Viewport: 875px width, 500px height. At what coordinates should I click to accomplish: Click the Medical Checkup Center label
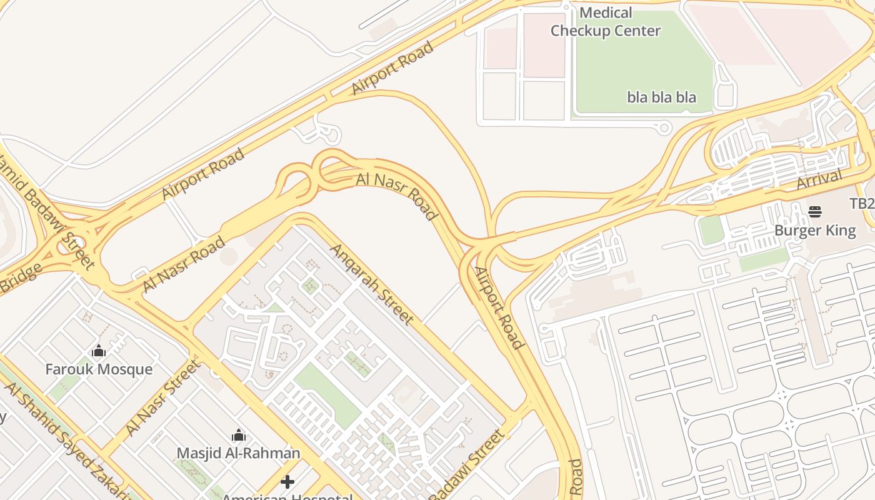pyautogui.click(x=605, y=22)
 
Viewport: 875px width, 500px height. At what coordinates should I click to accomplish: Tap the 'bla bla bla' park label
pyautogui.click(x=661, y=97)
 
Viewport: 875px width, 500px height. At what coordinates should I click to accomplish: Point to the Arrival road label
pyautogui.click(x=819, y=180)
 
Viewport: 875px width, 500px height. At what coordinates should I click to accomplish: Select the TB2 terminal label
pyautogui.click(x=861, y=204)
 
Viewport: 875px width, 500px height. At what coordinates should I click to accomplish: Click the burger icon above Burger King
pyautogui.click(x=814, y=212)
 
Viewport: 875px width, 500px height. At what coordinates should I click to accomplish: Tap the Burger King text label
pyautogui.click(x=814, y=231)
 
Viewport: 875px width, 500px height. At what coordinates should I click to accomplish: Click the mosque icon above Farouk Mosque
pyautogui.click(x=99, y=351)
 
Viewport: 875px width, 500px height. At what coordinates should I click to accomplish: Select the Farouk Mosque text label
pyautogui.click(x=99, y=369)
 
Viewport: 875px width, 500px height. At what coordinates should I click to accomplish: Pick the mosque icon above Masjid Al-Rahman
pyautogui.click(x=239, y=435)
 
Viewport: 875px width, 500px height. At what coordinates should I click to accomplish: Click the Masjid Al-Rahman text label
pyautogui.click(x=238, y=453)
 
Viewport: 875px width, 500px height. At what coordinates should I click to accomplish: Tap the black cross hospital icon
pyautogui.click(x=287, y=482)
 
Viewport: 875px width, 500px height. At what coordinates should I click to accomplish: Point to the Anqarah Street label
pyautogui.click(x=372, y=284)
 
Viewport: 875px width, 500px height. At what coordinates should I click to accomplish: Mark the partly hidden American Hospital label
pyautogui.click(x=287, y=497)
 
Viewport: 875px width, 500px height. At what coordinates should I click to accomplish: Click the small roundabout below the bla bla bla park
pyautogui.click(x=664, y=128)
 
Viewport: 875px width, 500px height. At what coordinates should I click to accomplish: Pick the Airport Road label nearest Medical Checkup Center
pyautogui.click(x=392, y=68)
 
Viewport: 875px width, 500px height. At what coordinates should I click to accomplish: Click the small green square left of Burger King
pyautogui.click(x=711, y=230)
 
